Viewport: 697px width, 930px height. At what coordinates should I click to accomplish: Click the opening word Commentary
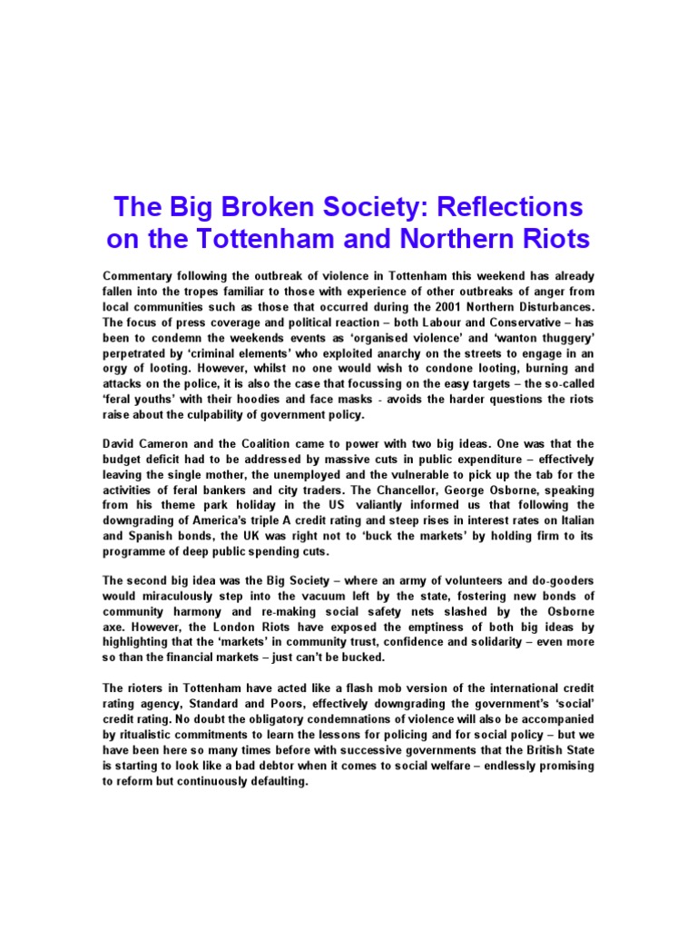142,275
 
